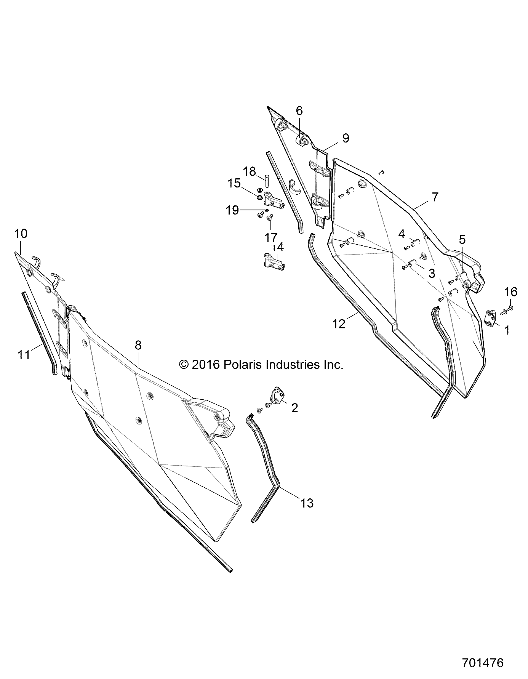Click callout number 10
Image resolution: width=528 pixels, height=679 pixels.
(x=21, y=233)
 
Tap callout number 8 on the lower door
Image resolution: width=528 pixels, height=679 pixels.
(x=138, y=345)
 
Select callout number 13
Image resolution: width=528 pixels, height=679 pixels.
(x=307, y=503)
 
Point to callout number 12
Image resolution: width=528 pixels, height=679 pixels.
(x=339, y=324)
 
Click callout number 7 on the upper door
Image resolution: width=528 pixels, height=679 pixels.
(x=435, y=197)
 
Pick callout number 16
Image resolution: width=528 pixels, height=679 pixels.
(x=511, y=292)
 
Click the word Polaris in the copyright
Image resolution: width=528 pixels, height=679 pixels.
(x=245, y=365)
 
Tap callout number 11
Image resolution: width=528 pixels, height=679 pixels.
(x=24, y=355)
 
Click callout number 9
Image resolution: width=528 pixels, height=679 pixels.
(x=345, y=138)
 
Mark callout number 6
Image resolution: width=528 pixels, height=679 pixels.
(x=299, y=111)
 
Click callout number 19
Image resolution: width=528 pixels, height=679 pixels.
(x=232, y=210)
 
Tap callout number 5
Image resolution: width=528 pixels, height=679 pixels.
(x=462, y=240)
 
